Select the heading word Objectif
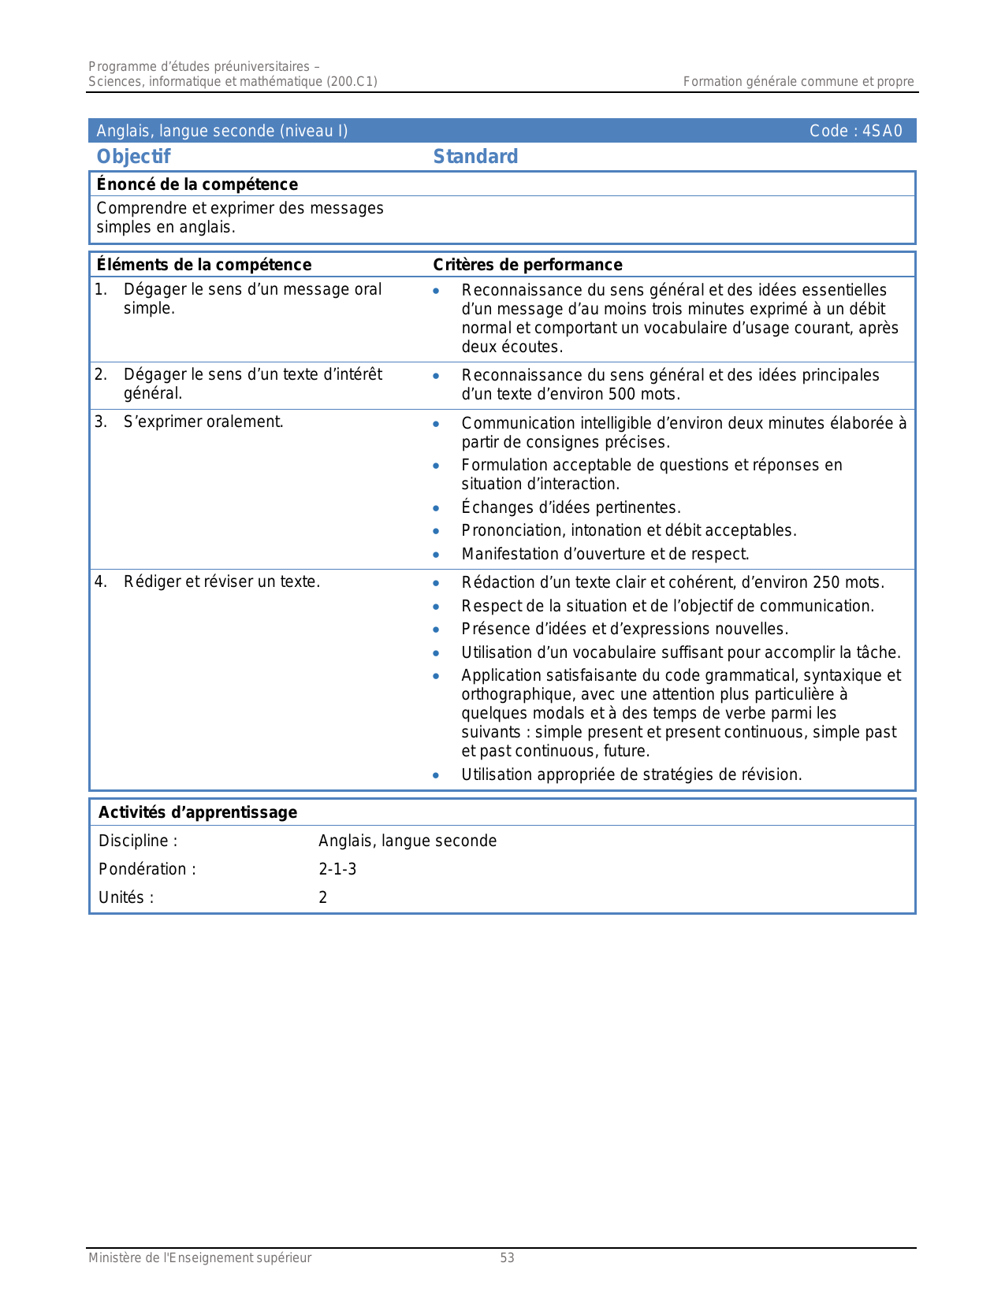pyautogui.click(x=133, y=157)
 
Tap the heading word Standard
pyautogui.click(x=475, y=157)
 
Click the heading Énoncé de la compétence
pyautogui.click(x=197, y=184)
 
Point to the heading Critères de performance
pyautogui.click(x=527, y=265)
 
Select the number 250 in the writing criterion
pyautogui.click(x=825, y=582)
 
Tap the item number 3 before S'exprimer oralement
pyautogui.click(x=100, y=422)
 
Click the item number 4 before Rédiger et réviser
pyautogui.click(x=100, y=582)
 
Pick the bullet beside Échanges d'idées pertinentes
pyautogui.click(x=436, y=508)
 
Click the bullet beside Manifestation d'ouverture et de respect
pyautogui.click(x=436, y=555)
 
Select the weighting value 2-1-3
pyautogui.click(x=337, y=869)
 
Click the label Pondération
pyautogui.click(x=147, y=869)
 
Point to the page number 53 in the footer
pyautogui.click(x=507, y=1258)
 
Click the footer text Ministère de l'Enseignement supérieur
pyautogui.click(x=199, y=1258)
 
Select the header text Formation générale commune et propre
pyautogui.click(x=798, y=81)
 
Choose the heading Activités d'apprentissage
pyautogui.click(x=198, y=812)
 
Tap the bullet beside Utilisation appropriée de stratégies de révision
pyautogui.click(x=436, y=775)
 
